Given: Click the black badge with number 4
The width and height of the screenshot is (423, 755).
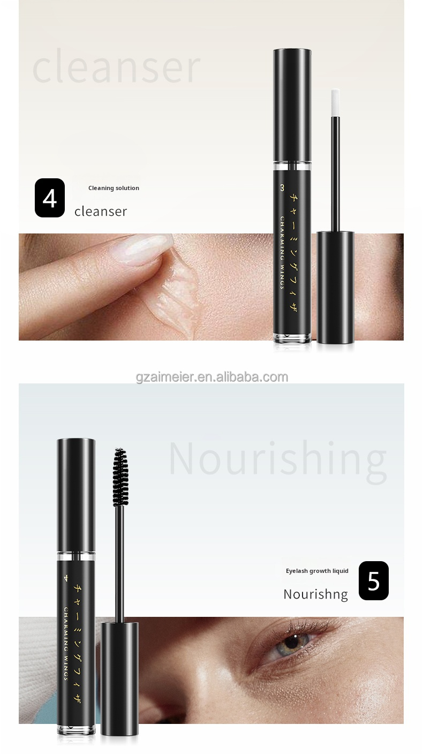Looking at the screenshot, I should point(50,198).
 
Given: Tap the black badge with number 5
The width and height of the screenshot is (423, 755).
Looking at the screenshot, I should point(373,580).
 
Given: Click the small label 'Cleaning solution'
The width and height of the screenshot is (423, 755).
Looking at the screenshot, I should point(114,188).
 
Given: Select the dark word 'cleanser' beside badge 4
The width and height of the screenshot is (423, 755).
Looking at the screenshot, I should point(101,211).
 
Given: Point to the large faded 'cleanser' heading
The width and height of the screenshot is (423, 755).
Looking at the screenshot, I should point(116,67).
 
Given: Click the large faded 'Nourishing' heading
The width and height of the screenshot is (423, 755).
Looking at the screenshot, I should point(277,458).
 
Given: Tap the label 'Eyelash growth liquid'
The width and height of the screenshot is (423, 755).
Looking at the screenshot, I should point(317,571).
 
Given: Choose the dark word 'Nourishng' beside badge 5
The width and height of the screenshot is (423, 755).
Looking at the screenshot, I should point(315,594).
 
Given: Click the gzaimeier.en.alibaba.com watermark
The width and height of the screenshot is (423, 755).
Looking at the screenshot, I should point(212,377).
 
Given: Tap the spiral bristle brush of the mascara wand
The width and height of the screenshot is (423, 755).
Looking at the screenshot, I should point(120,477).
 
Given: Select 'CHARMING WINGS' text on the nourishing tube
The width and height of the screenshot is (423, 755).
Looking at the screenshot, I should point(66,642).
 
